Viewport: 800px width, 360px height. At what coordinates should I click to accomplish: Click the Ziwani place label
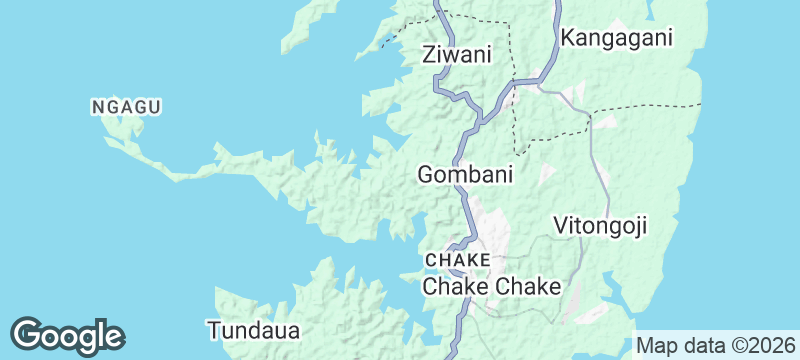point(457,55)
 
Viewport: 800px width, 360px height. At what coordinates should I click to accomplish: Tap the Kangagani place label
point(617,38)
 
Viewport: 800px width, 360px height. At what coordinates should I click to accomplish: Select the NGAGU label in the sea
point(126,106)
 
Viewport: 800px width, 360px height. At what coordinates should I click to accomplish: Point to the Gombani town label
point(465,175)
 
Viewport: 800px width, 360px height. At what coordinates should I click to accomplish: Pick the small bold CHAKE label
point(457,260)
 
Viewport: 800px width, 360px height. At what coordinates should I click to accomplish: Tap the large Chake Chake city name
point(492,287)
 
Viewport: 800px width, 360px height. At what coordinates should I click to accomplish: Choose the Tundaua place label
point(253,329)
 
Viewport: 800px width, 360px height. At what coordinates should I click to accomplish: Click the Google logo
point(67,335)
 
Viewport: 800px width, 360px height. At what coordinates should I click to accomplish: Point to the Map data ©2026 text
point(713,345)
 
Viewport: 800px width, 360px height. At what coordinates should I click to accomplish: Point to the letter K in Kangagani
point(568,38)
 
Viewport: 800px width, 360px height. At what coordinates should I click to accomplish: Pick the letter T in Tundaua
point(213,329)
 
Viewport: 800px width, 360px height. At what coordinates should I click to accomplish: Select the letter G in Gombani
point(425,175)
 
